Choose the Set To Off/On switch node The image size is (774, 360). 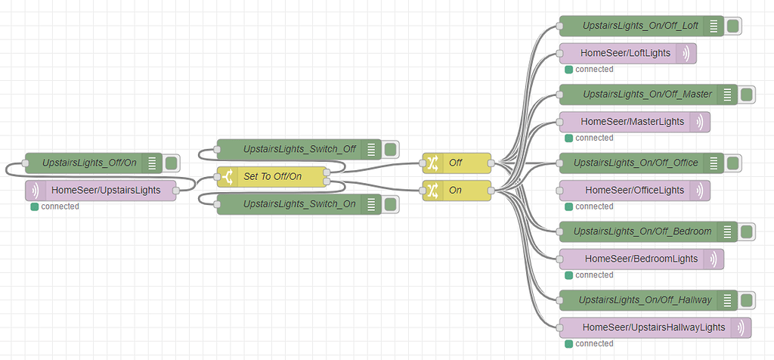(272, 177)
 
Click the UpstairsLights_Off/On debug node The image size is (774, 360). (91, 163)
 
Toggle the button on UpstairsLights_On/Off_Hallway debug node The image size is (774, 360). (746, 300)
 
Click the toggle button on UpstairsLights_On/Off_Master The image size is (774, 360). (746, 95)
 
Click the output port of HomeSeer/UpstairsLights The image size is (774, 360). (175, 191)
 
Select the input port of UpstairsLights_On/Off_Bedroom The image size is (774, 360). (560, 231)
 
